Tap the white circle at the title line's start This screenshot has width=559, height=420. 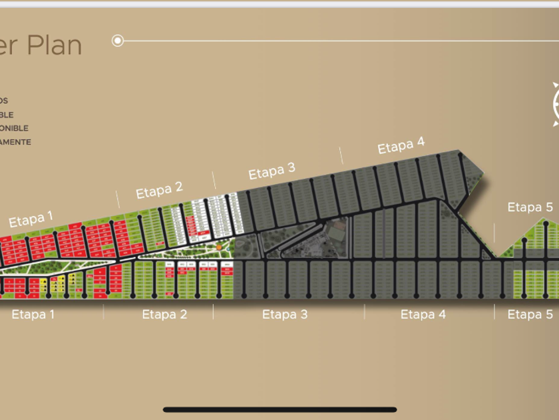pos(118,41)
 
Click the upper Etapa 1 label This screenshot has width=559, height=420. pos(31,219)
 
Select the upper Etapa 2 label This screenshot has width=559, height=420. pos(159,191)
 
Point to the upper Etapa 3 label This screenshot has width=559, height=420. pos(272,171)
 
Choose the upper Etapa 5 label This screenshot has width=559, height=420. pos(530,207)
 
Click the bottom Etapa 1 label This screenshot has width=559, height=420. pos(33,314)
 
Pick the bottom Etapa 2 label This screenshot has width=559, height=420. pos(164,314)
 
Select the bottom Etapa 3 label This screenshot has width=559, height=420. pos(285,314)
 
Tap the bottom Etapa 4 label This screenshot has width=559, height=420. pos(423,314)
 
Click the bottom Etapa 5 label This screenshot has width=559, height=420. pos(530,314)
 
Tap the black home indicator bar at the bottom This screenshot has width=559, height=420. pos(279,409)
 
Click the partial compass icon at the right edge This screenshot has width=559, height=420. pos(555,103)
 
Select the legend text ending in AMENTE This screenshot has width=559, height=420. pos(15,142)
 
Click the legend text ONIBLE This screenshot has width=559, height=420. pos(14,128)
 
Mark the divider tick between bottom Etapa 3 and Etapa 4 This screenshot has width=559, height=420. pos(365,311)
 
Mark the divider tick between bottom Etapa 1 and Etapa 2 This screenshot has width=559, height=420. pos(103,311)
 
